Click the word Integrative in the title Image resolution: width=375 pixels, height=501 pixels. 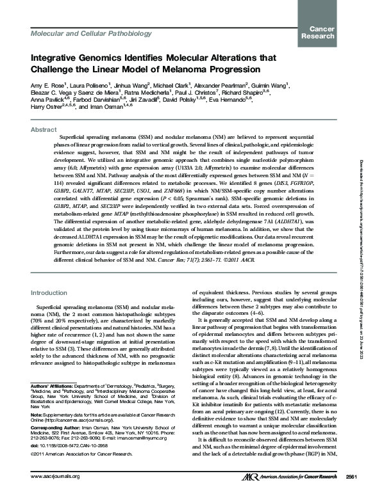pos(54,58)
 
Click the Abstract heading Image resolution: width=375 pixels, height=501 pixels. pos(44,129)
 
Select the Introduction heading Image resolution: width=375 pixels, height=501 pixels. pos(50,292)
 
